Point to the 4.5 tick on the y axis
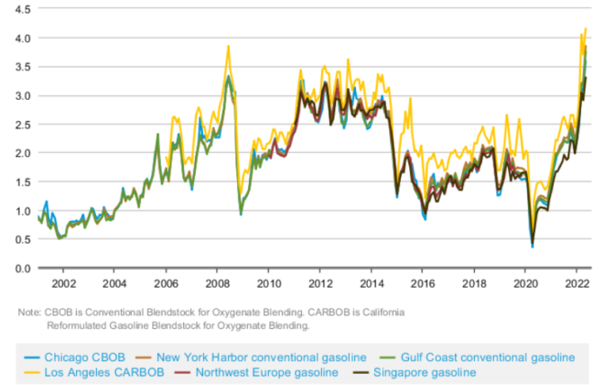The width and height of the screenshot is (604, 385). (19, 9)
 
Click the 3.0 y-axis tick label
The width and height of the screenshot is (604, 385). (19, 95)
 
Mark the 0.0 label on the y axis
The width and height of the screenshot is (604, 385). (19, 269)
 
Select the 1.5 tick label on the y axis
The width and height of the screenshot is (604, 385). (19, 182)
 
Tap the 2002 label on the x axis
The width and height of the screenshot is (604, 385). (63, 283)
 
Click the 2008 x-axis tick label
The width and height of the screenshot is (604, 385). (217, 283)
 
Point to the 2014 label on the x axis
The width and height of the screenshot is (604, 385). (371, 283)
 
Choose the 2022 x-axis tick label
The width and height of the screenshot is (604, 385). (574, 283)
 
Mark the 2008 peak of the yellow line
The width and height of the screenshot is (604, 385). (228, 46)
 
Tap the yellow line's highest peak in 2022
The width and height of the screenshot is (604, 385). (585, 28)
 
